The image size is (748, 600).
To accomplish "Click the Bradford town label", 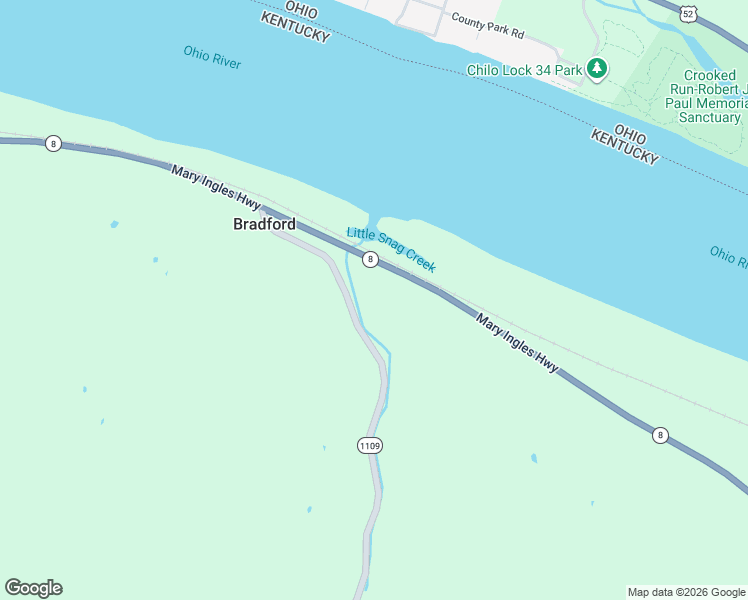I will (264, 224).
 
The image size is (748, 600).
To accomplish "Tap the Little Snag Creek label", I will (391, 249).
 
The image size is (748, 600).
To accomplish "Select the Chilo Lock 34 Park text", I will (525, 70).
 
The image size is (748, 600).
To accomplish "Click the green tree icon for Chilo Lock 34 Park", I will (597, 68).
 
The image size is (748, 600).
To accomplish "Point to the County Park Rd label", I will (487, 25).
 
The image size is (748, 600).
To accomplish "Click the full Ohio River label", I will (212, 56).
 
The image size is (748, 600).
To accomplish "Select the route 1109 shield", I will (369, 445).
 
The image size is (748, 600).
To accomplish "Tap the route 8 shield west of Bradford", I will (53, 144).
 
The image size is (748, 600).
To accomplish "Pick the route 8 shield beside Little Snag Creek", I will (370, 259).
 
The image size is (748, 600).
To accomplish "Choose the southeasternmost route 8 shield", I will (660, 435).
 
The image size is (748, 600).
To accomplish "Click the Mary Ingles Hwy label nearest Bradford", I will (215, 188).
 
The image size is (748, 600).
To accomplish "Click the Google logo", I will (33, 588).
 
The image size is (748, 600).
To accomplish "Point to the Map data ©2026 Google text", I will (686, 592).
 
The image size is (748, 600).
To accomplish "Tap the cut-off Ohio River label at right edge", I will (728, 257).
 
